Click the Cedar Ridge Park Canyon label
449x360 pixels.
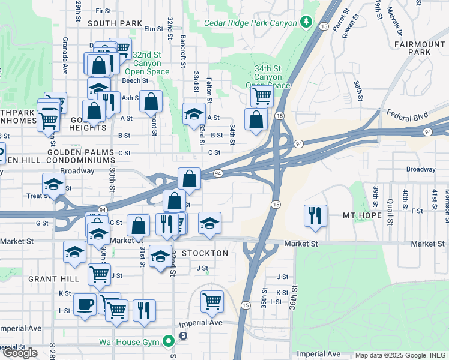tap(250, 23)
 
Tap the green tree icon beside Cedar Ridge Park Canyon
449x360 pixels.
tap(307, 22)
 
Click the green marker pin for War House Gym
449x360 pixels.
tap(169, 342)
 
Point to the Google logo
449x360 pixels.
tap(19, 353)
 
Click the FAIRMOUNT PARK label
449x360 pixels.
tap(421, 49)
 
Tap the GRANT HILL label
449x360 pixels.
tap(53, 279)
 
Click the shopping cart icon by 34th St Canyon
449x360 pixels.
tap(261, 94)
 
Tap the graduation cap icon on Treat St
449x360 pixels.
tap(53, 185)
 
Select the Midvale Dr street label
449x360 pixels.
tap(395, 19)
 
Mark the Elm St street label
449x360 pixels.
tap(154, 28)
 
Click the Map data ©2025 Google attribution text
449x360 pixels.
tap(400, 355)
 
